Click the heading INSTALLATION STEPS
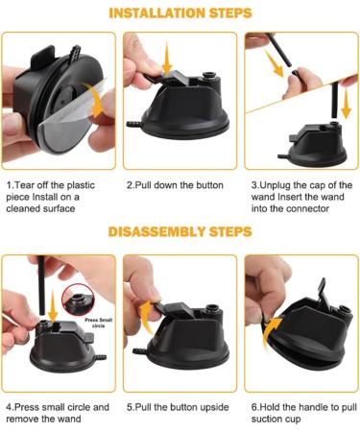pos(180,13)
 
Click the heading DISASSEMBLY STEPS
pos(180,231)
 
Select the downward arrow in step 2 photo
pos(167,59)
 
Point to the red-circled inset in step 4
pos(79,300)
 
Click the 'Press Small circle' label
pos(98,323)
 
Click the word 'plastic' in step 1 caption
pos(80,185)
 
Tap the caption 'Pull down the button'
pos(175,185)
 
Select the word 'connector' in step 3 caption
pos(307,208)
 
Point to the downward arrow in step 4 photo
pos(53,307)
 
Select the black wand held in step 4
pos(41,285)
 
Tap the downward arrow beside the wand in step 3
pos(346,104)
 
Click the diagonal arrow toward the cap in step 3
pos(275,63)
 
